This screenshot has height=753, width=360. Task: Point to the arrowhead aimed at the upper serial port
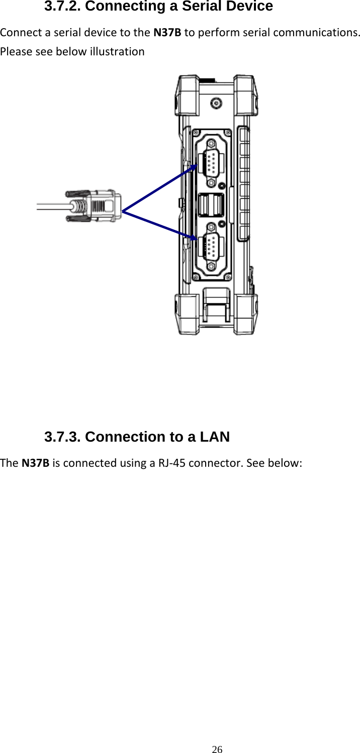tap(195, 160)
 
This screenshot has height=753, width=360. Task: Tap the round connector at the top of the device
tap(217, 104)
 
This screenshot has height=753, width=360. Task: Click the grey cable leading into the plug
tap(53, 206)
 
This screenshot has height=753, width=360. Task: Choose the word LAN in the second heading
tap(215, 437)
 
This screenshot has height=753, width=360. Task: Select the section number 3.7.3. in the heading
tap(64, 437)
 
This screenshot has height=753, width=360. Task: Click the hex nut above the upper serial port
tap(211, 143)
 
